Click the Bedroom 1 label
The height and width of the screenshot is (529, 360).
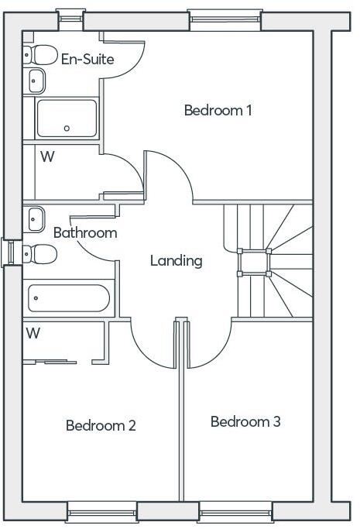click(218, 110)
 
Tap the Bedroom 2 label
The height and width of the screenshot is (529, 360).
click(101, 425)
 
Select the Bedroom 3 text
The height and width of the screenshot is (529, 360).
click(245, 422)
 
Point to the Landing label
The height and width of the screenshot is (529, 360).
click(176, 261)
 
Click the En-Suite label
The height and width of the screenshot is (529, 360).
click(87, 59)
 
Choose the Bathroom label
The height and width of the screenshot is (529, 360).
click(85, 232)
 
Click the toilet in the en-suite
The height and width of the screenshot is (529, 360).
click(41, 54)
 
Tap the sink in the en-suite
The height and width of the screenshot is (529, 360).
click(36, 78)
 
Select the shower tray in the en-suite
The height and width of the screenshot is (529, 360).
click(67, 118)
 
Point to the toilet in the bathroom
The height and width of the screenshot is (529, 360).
click(41, 253)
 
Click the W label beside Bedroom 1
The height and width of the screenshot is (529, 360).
click(47, 156)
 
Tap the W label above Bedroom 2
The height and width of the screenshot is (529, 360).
click(33, 334)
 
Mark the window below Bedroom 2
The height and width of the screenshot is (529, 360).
click(102, 511)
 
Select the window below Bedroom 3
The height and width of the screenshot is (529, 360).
click(236, 511)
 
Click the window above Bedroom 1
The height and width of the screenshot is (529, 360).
click(225, 19)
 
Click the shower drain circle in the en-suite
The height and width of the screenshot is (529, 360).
click(67, 128)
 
